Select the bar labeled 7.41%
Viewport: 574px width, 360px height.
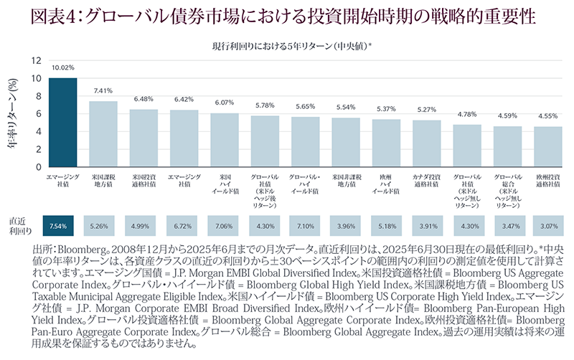coord(103,134)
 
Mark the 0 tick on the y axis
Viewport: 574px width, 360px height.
coord(38,167)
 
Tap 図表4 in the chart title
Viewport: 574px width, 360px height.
coord(55,16)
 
